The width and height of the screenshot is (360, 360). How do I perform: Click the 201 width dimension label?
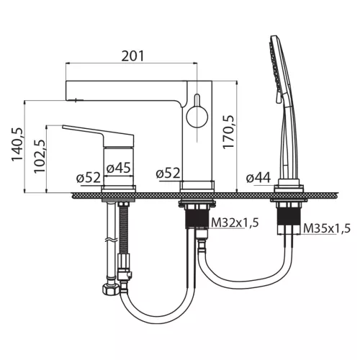coord(132,56)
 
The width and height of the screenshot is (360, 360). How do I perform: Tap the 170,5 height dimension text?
coord(228,132)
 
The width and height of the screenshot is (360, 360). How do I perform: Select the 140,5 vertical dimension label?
coord(17,145)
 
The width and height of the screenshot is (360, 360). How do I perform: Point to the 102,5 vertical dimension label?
coord(40,156)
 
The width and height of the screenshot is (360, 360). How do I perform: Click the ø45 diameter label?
coord(119,167)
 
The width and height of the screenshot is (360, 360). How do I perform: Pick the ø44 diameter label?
coord(258,178)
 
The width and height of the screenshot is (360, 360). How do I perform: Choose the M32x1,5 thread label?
coord(235,223)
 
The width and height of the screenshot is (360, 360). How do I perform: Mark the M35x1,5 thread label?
coord(327,228)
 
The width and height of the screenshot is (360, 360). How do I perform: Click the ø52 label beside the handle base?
coord(89,178)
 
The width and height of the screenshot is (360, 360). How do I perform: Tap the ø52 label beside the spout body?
coord(168,174)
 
